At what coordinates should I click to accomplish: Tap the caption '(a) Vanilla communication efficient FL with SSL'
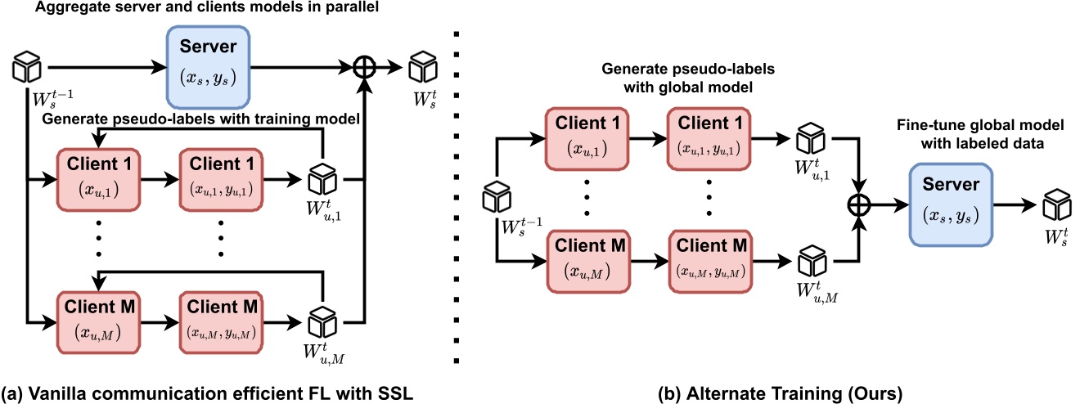pos(208,393)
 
